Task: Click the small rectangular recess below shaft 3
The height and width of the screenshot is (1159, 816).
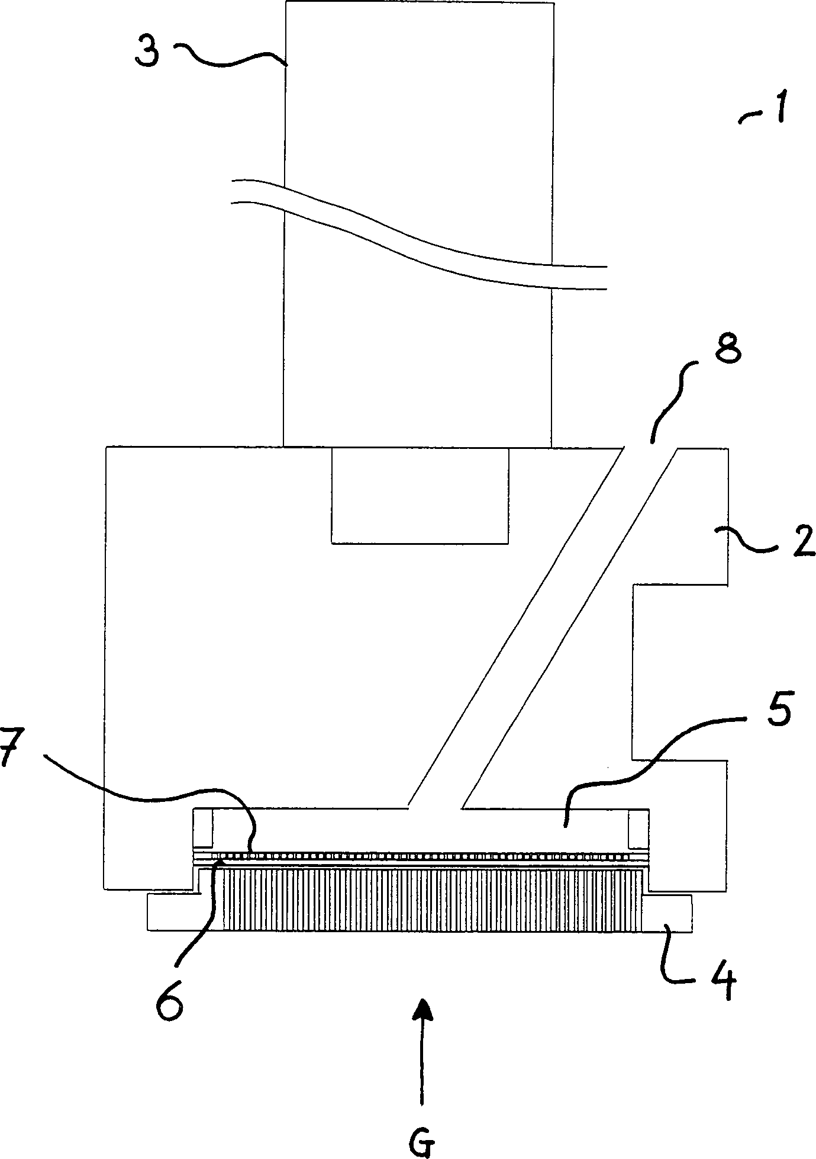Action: point(420,495)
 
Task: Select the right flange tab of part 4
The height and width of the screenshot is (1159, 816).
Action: point(667,913)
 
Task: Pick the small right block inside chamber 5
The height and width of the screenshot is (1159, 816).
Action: point(638,828)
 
